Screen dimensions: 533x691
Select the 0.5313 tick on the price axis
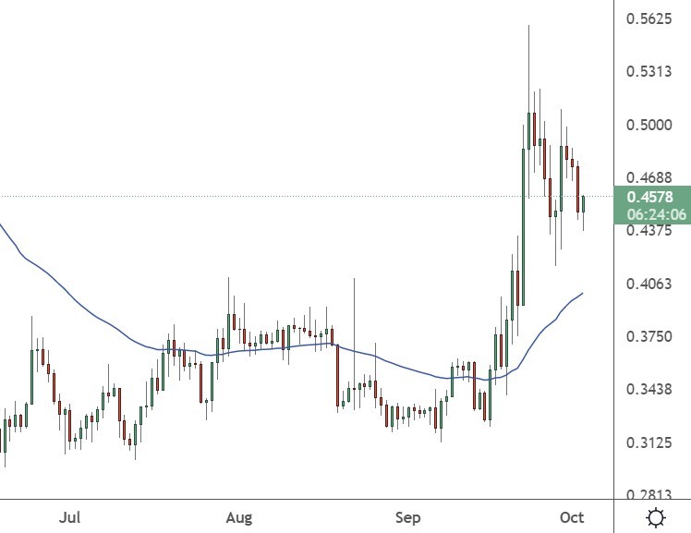[649, 71]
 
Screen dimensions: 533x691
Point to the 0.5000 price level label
[649, 125]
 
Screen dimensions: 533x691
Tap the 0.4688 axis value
[649, 177]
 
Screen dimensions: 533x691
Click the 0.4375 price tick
[649, 231]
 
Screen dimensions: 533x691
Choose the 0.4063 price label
[649, 284]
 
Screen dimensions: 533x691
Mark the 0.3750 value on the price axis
[649, 337]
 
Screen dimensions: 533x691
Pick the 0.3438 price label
[649, 390]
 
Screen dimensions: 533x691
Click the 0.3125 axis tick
[649, 443]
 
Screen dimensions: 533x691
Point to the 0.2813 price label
[649, 496]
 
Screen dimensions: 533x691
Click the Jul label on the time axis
[70, 517]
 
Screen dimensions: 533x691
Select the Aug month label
[238, 517]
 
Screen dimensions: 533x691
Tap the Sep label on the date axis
[407, 517]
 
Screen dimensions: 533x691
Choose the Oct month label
[572, 517]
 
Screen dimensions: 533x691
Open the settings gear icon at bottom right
[656, 517]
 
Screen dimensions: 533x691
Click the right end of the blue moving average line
[583, 293]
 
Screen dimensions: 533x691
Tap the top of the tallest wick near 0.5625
[528, 26]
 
